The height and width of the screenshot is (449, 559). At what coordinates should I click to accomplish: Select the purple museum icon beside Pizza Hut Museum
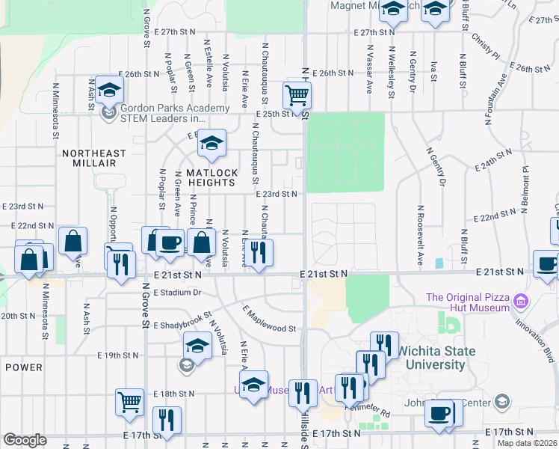522,302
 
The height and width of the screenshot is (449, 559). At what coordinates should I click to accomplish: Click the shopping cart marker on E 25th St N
297,96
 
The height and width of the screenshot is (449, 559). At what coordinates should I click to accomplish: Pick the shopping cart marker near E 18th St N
129,402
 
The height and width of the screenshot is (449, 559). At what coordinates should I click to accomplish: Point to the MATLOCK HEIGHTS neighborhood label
211,177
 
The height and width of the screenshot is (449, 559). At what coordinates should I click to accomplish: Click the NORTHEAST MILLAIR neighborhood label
89,158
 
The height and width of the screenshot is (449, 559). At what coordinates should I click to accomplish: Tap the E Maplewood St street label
270,317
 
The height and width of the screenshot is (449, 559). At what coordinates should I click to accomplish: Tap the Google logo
25,440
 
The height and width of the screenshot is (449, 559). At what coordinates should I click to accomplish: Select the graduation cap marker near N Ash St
109,91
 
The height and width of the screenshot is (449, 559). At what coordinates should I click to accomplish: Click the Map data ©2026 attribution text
527,443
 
